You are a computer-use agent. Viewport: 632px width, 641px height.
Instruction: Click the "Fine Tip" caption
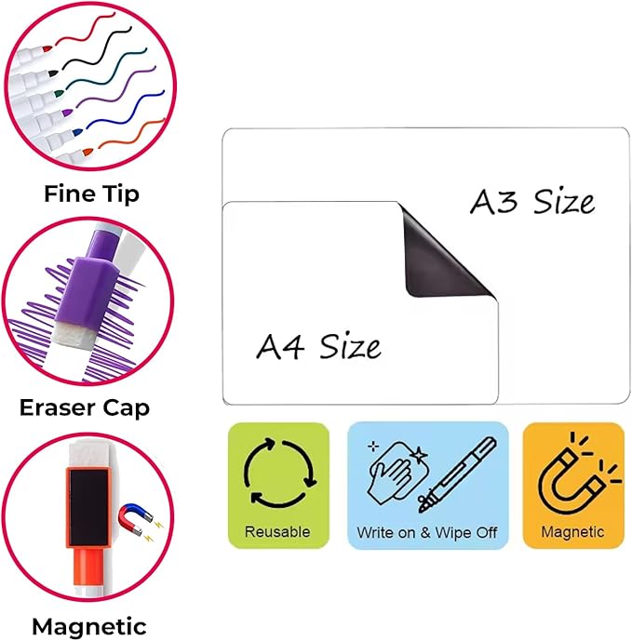tap(91, 194)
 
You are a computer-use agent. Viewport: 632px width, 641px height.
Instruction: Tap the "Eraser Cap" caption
tap(85, 408)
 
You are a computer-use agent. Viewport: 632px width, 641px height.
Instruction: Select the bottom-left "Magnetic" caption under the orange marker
tap(89, 626)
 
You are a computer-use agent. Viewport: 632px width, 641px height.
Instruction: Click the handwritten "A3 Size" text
tap(532, 202)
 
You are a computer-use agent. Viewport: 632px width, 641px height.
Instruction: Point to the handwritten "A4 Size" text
tap(318, 346)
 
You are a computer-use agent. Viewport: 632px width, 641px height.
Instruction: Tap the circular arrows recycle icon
tap(280, 473)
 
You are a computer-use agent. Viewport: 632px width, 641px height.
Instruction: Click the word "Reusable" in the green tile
tap(277, 532)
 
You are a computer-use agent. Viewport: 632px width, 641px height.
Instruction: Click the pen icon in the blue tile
tap(457, 474)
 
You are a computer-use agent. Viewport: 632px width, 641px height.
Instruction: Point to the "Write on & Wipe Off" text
tap(427, 533)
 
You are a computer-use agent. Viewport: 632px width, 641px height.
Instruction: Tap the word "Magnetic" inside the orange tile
tap(572, 532)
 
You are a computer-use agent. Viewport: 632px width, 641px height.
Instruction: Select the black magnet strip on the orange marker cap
tap(88, 507)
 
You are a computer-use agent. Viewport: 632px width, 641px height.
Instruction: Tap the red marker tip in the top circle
tap(47, 49)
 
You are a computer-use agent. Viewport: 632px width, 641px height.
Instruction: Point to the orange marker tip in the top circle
tap(87, 153)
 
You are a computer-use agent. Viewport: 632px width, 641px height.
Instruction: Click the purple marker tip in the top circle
tap(67, 112)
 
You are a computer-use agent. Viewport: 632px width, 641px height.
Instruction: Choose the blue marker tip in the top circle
tap(77, 132)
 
